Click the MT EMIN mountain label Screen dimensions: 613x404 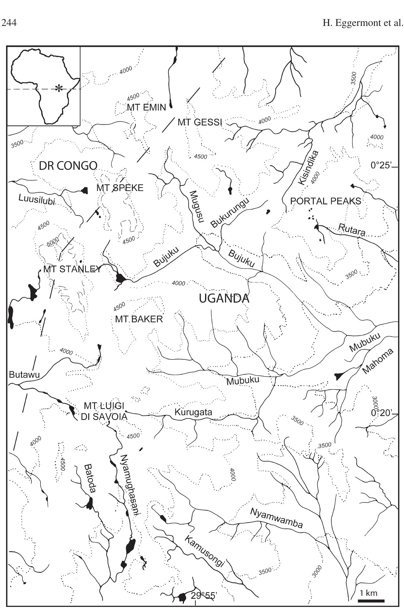tap(146, 107)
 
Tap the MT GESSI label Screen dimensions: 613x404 tap(200, 122)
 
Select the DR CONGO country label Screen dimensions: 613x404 tap(68, 166)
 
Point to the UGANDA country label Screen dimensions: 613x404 tap(224, 298)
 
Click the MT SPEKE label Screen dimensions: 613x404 tap(120, 188)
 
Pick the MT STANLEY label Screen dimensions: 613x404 tap(72, 269)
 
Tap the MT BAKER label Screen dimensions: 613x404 tap(139, 319)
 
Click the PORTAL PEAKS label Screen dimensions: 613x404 tap(325, 201)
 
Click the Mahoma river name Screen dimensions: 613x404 tap(378, 361)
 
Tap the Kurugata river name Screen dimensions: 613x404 tap(193, 412)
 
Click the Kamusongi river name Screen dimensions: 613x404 tap(204, 551)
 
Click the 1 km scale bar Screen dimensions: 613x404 tap(371, 600)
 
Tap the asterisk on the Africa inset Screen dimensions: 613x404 tap(59, 88)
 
